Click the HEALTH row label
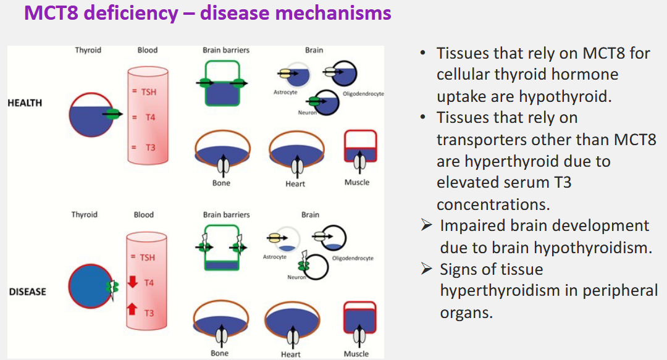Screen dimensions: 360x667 pyautogui.click(x=25, y=103)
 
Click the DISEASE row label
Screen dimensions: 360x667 pyautogui.click(x=27, y=291)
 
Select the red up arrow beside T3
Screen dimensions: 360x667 pyautogui.click(x=132, y=308)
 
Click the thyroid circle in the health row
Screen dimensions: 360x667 pyautogui.click(x=92, y=115)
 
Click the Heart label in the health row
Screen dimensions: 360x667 pyautogui.click(x=295, y=184)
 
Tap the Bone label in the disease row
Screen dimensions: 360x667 pyautogui.click(x=219, y=353)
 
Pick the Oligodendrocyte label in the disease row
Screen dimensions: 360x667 pyautogui.click(x=353, y=258)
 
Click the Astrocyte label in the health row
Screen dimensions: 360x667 pyautogui.click(x=285, y=93)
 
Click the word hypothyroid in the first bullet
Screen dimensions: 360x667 pyautogui.click(x=565, y=96)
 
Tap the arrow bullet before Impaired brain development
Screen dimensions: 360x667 pyautogui.click(x=426, y=226)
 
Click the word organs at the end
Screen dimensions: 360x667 pyautogui.click(x=466, y=312)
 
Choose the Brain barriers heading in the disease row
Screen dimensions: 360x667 pyautogui.click(x=226, y=215)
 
